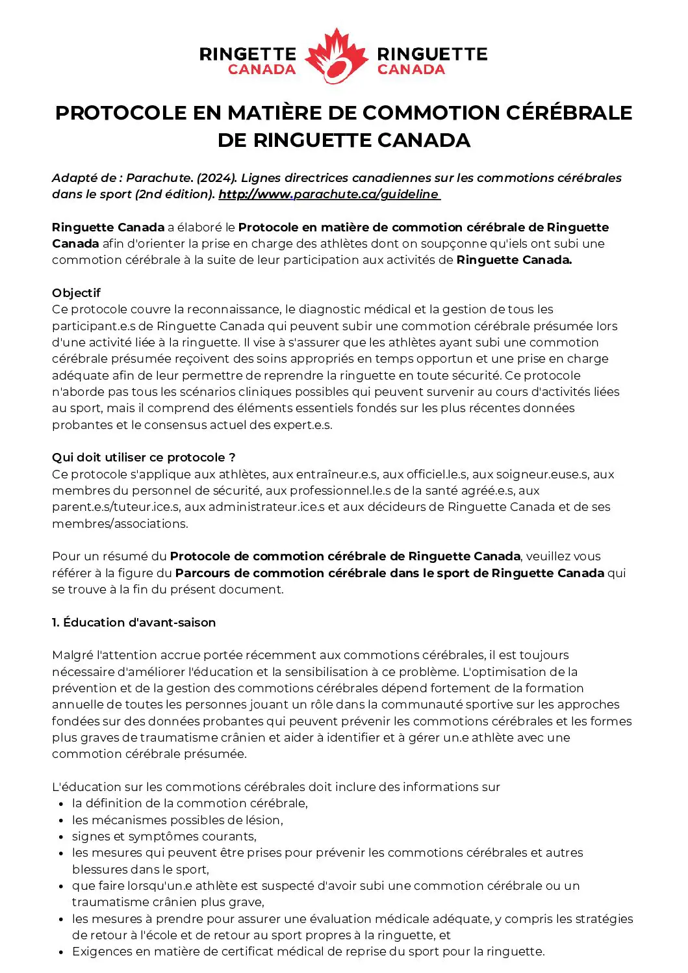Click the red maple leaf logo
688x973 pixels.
337,57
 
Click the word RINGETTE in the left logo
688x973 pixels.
248,54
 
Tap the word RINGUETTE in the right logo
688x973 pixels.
432,54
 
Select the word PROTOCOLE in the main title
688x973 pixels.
121,113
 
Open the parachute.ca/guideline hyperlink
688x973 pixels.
329,194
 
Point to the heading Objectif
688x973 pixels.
77,293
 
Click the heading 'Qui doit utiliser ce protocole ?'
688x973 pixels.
144,458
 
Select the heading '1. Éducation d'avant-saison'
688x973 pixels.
134,623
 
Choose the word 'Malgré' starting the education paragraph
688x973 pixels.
72,655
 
